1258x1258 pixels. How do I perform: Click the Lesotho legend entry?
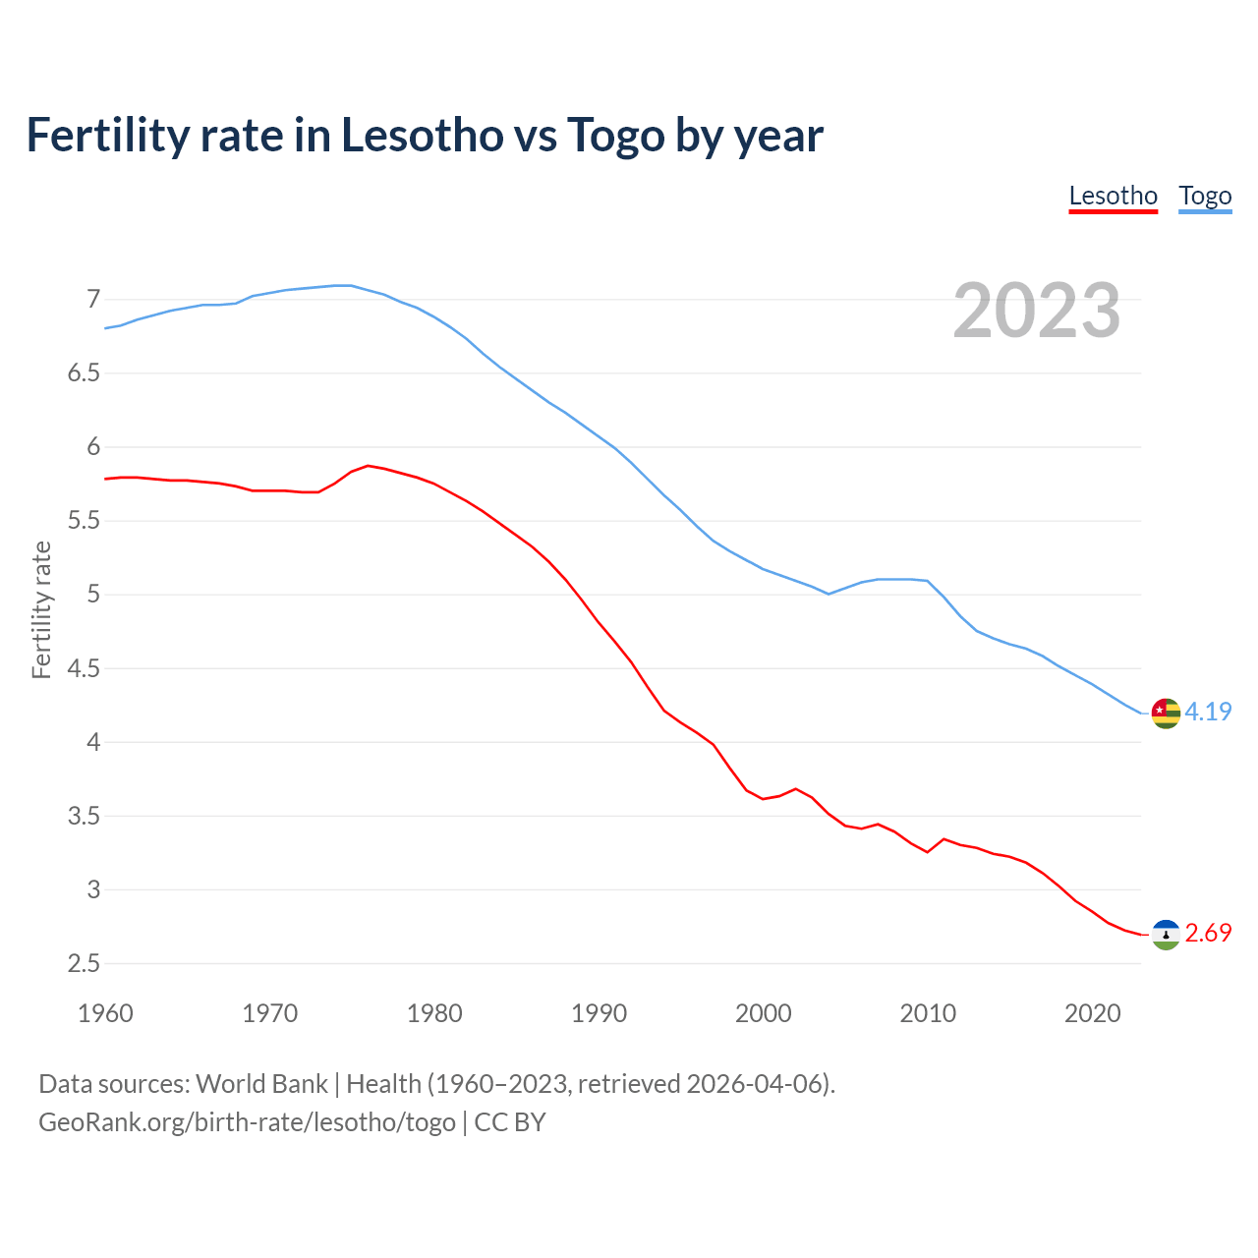1113,196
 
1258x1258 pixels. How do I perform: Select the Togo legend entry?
1205,196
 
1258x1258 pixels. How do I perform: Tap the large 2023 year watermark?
1036,311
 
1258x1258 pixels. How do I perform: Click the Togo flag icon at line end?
1166,713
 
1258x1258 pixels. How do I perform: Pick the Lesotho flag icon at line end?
1166,934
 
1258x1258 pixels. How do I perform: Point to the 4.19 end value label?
1208,712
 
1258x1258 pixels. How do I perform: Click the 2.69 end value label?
1208,933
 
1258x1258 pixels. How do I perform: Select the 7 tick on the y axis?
93,299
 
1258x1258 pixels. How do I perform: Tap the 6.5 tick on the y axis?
85,373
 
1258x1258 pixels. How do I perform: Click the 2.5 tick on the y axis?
85,963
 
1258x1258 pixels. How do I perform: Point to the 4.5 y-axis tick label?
85,668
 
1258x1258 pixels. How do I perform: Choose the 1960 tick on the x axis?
105,1013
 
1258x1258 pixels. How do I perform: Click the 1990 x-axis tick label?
599,1013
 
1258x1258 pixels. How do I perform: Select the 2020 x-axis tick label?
1092,1013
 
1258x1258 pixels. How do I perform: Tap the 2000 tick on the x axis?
763,1013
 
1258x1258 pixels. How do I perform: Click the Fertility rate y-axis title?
41,609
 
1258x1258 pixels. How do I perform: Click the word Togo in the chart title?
615,136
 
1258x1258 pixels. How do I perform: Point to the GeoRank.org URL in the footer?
247,1122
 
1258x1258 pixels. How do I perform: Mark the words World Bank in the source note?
261,1084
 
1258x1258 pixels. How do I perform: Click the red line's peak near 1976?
368,466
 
